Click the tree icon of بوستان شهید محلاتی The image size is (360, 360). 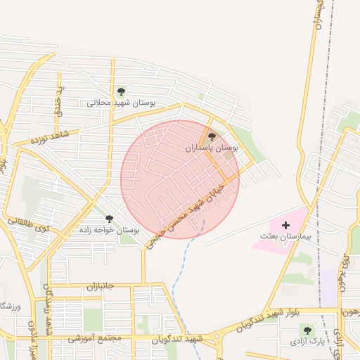(x=121, y=91)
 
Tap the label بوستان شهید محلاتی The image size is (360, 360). (x=121, y=103)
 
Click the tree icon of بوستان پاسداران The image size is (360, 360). (x=212, y=137)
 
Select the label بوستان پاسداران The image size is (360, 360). (x=212, y=148)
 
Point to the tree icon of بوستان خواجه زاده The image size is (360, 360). (x=109, y=219)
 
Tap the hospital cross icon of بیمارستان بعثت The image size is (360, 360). (x=285, y=225)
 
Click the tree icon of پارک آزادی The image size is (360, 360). (x=306, y=330)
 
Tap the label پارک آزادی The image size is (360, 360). (x=308, y=341)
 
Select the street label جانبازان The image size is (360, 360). (x=100, y=287)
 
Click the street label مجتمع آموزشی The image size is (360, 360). (x=95, y=338)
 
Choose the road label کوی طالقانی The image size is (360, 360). (x=28, y=225)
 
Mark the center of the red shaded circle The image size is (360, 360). (x=180, y=179)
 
